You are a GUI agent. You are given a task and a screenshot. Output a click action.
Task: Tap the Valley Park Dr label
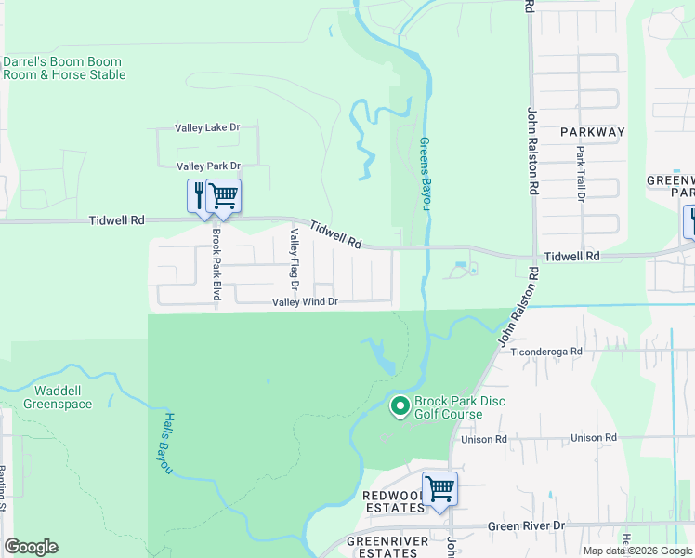[208, 166]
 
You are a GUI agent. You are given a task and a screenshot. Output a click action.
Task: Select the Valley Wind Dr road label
[305, 302]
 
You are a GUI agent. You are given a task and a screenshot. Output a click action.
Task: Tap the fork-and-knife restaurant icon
[198, 195]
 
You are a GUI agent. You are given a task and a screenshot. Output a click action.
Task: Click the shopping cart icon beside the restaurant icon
[223, 195]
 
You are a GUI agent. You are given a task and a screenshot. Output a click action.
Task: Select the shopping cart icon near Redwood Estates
[439, 488]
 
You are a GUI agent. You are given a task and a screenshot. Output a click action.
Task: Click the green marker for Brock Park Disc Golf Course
[400, 405]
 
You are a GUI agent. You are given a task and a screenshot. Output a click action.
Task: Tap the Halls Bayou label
[158, 444]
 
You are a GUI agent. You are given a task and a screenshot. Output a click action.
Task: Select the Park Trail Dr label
[580, 174]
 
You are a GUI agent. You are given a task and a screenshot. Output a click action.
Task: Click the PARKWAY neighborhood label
[593, 132]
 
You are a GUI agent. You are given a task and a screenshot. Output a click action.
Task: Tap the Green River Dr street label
[527, 525]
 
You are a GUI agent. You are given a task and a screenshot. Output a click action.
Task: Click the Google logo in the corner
[31, 547]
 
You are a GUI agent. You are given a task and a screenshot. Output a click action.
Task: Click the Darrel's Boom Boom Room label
[63, 68]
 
